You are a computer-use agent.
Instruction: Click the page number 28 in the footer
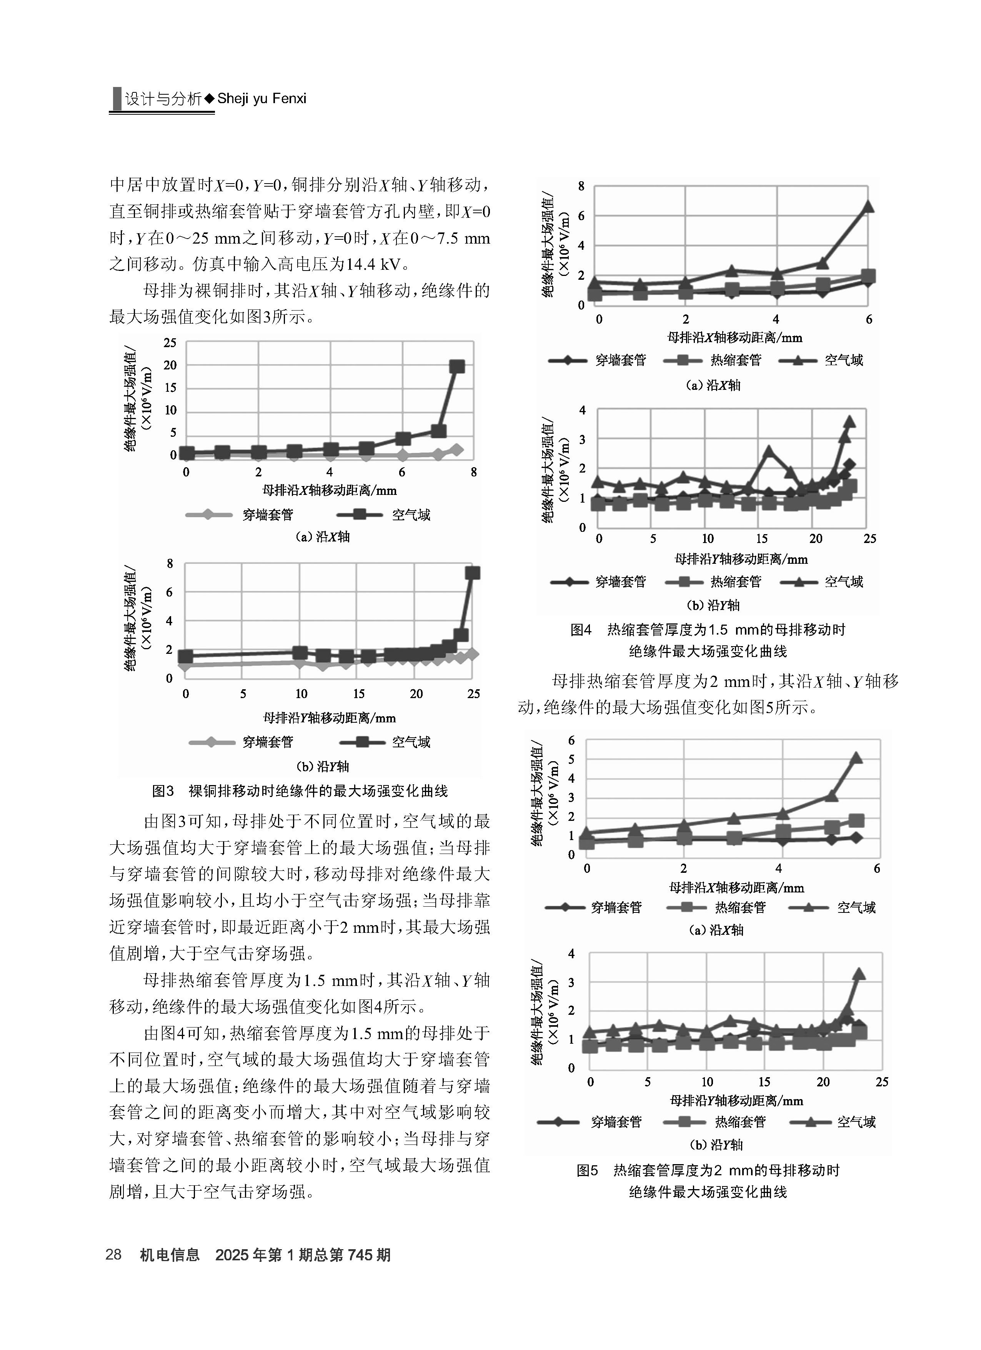point(113,1255)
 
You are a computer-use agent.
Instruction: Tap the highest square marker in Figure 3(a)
point(457,366)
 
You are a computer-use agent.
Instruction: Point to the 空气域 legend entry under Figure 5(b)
point(833,1122)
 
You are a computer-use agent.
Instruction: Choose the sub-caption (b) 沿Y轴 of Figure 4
point(713,605)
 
